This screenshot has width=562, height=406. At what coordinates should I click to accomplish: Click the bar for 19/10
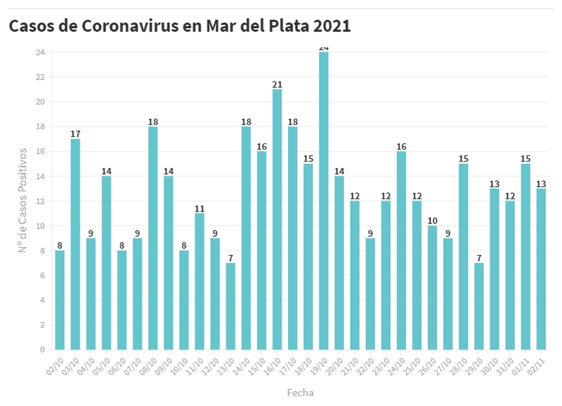(x=324, y=201)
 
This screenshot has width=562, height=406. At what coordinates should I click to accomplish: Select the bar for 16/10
(x=277, y=219)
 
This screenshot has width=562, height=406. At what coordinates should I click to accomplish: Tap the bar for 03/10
(x=75, y=244)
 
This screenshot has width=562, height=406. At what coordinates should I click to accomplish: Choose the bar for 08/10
(x=153, y=238)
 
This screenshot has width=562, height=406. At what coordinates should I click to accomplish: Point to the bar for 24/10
(x=401, y=250)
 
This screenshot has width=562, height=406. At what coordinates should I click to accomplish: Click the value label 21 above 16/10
(x=277, y=85)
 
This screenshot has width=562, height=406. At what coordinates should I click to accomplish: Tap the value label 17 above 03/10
(x=75, y=134)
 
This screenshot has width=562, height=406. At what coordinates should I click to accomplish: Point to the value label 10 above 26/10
(x=432, y=221)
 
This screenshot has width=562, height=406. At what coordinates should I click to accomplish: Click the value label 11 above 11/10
(x=200, y=209)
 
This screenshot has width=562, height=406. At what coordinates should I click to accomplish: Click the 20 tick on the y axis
(x=41, y=102)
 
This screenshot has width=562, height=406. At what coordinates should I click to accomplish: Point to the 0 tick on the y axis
(x=43, y=349)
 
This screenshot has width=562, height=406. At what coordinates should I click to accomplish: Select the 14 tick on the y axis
(x=41, y=176)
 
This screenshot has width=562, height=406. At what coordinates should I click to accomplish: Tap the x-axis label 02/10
(x=55, y=366)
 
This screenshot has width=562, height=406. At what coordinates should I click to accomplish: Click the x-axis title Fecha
(x=300, y=393)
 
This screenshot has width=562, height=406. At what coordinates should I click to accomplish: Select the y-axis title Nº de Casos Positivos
(x=23, y=200)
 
